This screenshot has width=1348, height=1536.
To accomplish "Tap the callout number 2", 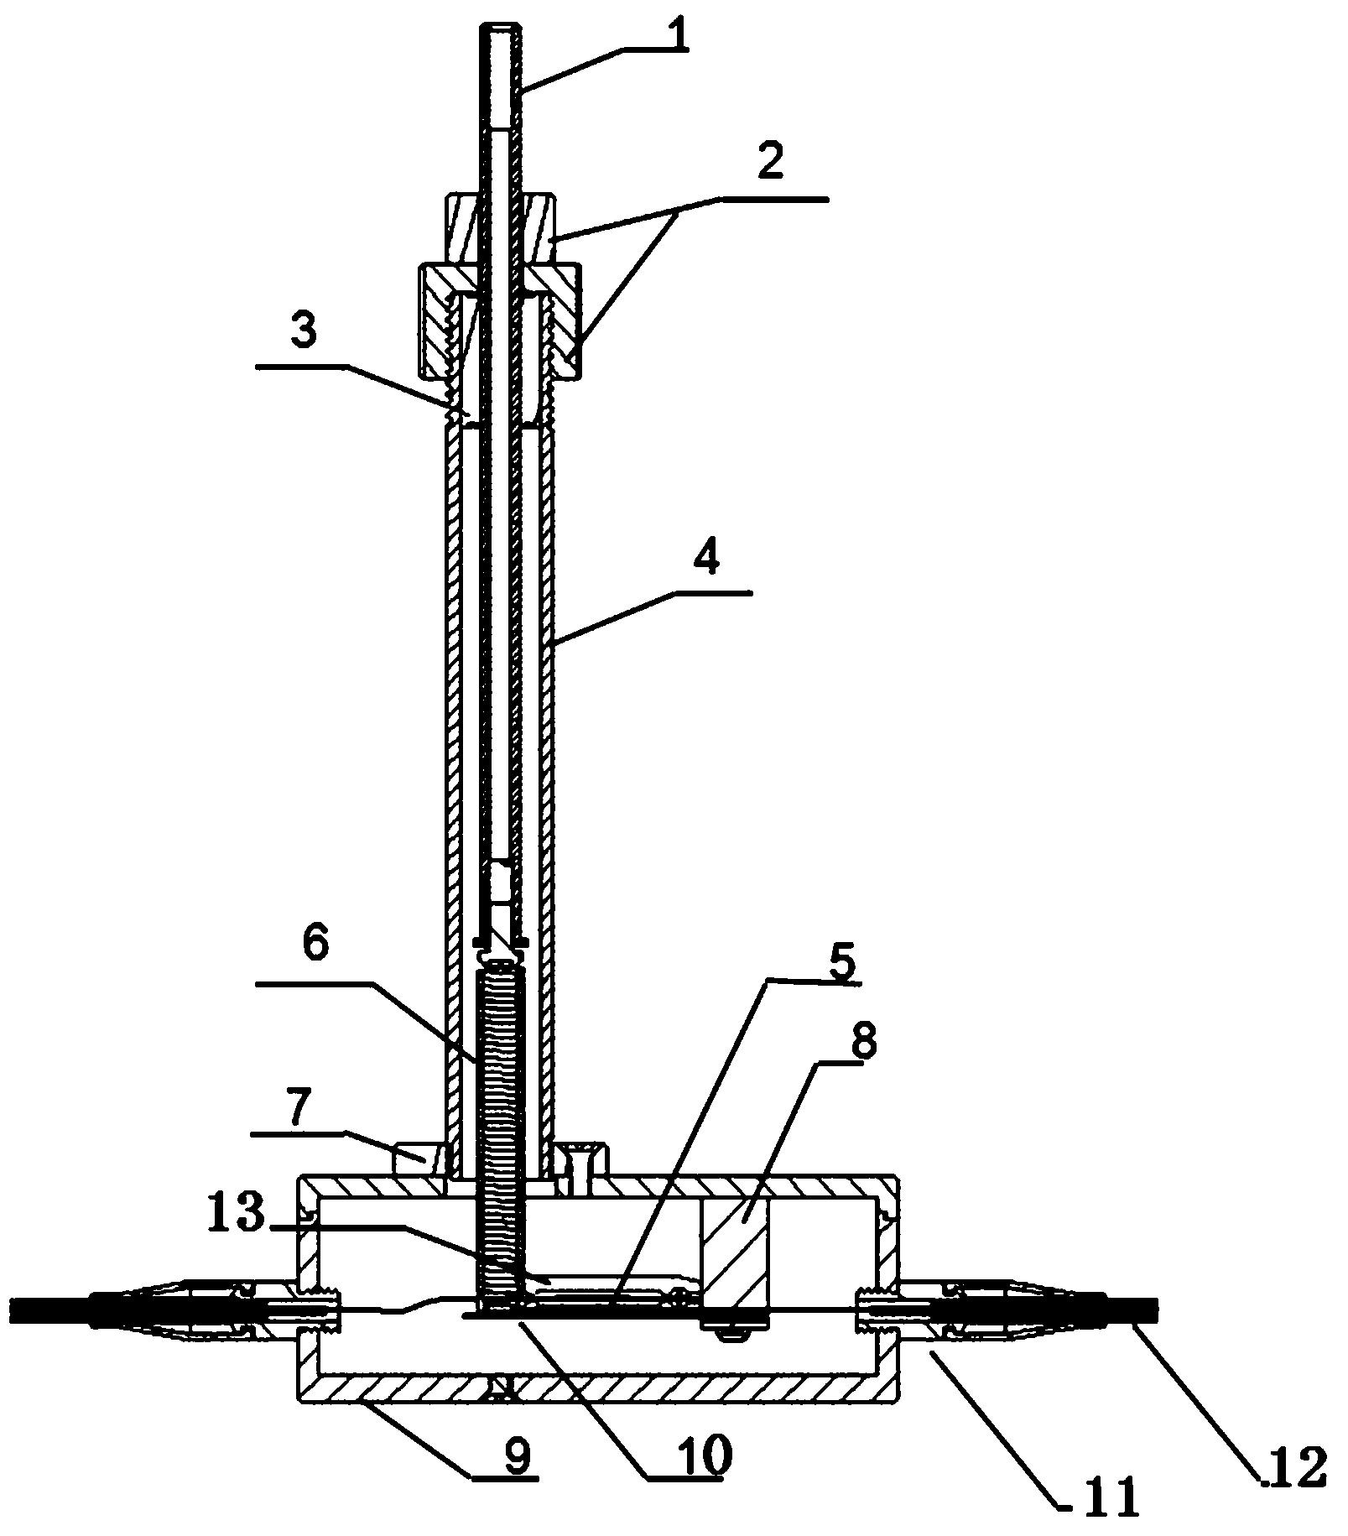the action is [769, 164].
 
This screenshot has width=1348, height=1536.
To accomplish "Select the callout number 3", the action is [303, 331].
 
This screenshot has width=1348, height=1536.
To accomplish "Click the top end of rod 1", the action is [502, 28].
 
